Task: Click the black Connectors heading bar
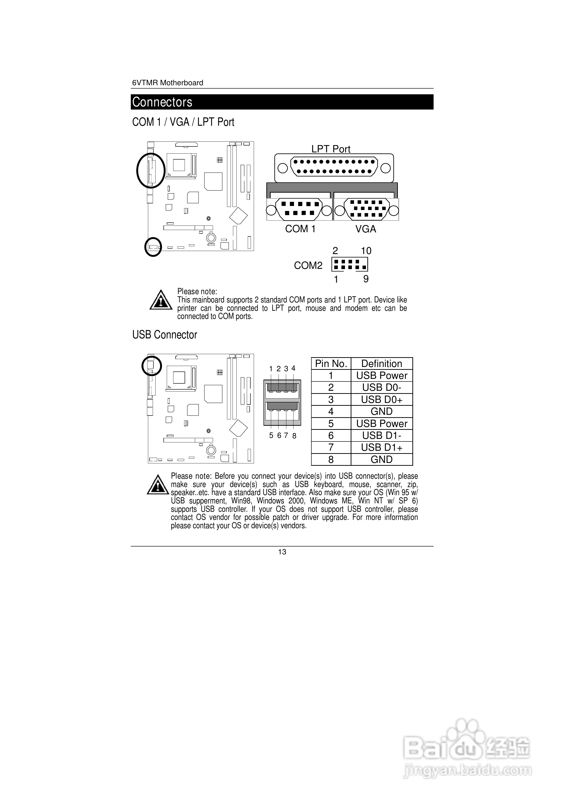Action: click(x=282, y=102)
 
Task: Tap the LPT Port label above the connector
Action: click(x=331, y=149)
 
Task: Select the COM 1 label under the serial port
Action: click(x=300, y=229)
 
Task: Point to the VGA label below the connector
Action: click(x=366, y=229)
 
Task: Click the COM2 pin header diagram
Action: click(x=349, y=265)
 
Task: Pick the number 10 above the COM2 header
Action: click(x=366, y=251)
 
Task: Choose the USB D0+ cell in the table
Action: click(x=382, y=400)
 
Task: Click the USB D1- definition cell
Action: click(x=382, y=436)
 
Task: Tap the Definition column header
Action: click(x=382, y=364)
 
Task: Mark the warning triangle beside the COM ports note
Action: click(x=161, y=300)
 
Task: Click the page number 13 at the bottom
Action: click(x=282, y=552)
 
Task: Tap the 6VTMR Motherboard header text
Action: click(x=167, y=83)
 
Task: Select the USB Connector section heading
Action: click(x=165, y=335)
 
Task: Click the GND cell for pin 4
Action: click(x=382, y=411)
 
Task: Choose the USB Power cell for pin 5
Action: click(x=382, y=424)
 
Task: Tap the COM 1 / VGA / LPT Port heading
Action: click(x=183, y=122)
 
